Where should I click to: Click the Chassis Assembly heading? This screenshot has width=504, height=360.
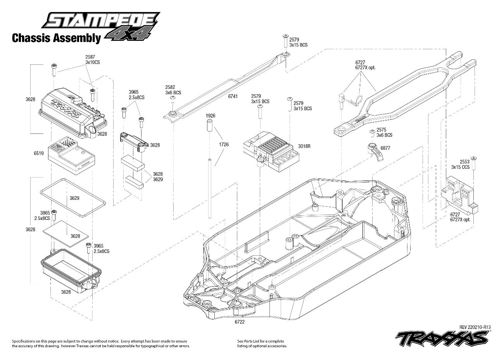coord(56,38)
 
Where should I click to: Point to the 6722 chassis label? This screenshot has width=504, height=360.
coord(240,321)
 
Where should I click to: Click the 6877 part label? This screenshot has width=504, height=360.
coord(385,148)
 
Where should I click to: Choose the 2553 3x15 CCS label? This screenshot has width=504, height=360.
coord(460,164)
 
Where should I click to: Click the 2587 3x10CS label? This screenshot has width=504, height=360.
coord(93,59)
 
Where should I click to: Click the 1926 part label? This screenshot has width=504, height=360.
coord(211,116)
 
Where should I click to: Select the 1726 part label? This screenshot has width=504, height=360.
coord(224,144)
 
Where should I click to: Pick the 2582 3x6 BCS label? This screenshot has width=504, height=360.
coord(173,90)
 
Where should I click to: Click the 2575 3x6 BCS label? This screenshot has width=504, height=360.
coord(384,133)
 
